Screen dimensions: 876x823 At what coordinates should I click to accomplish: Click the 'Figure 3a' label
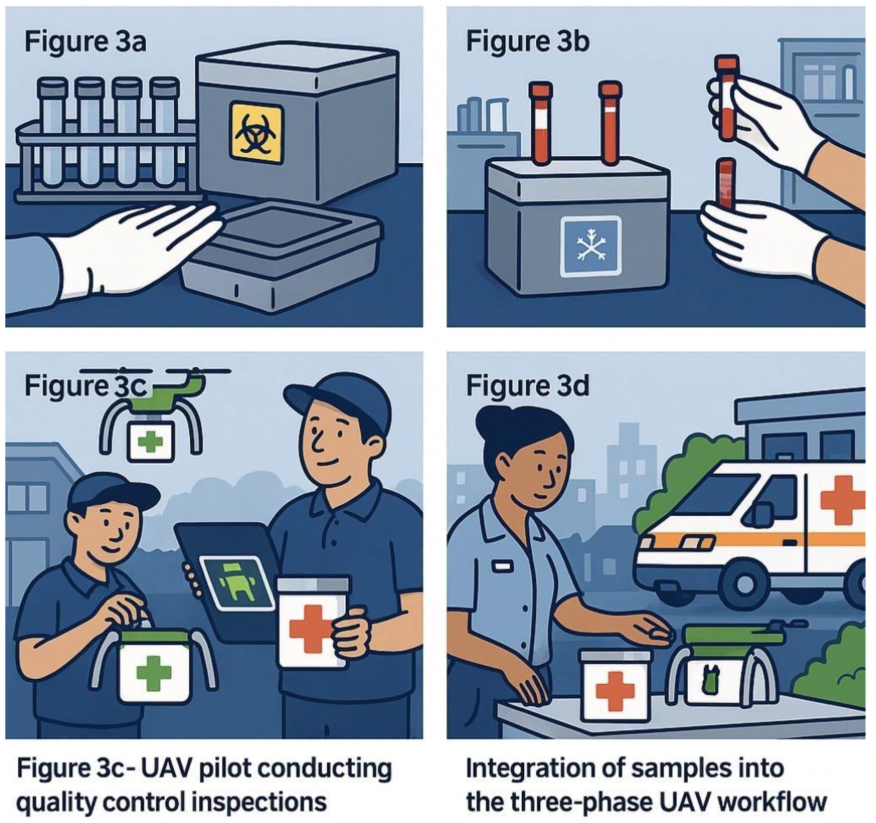pos(85,43)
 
